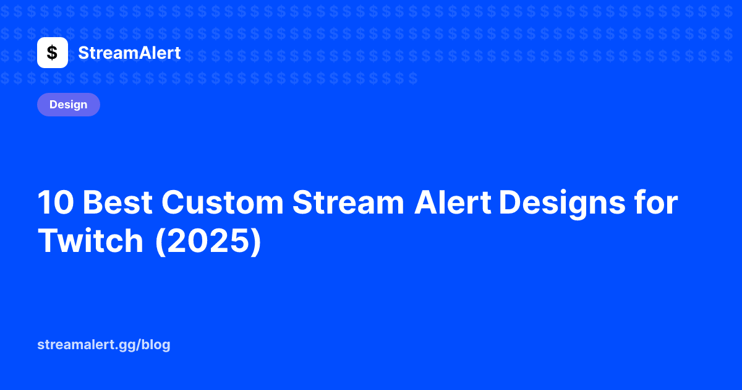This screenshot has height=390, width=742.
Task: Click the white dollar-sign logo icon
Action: pyautogui.click(x=53, y=53)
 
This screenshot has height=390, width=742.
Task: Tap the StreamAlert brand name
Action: pyautogui.click(x=129, y=53)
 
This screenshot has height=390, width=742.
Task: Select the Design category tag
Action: pyautogui.click(x=69, y=105)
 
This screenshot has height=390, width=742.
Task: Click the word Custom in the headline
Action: pyautogui.click(x=222, y=202)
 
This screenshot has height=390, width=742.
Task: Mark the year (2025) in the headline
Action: pyautogui.click(x=208, y=241)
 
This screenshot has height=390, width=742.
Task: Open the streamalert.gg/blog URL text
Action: pyautogui.click(x=104, y=345)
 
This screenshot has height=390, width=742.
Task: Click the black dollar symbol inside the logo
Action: pyautogui.click(x=53, y=53)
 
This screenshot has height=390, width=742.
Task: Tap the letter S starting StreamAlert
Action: pyautogui.click(x=83, y=53)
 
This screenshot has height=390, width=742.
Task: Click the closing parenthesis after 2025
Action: pyautogui.click(x=257, y=241)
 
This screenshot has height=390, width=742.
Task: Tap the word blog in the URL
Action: pyautogui.click(x=156, y=345)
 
